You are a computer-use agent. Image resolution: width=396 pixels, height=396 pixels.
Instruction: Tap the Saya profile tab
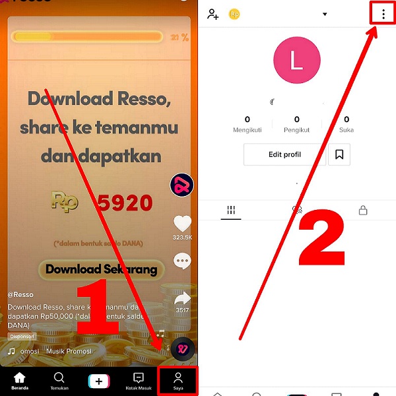click(178, 379)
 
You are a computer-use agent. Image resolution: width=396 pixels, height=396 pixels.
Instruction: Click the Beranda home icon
click(20, 379)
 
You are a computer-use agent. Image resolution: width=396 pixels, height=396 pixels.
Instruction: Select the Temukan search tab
click(59, 379)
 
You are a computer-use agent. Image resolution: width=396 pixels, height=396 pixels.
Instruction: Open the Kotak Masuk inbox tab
click(139, 379)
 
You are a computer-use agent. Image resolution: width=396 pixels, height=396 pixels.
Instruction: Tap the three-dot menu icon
click(383, 14)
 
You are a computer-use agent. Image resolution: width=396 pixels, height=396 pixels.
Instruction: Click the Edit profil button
click(284, 154)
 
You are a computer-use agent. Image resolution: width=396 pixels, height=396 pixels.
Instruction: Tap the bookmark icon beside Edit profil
click(339, 154)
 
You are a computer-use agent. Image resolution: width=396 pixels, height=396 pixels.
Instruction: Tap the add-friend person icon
click(213, 14)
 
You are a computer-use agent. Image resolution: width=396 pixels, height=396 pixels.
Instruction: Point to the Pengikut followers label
click(296, 130)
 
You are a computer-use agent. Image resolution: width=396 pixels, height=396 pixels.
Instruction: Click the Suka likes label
click(346, 130)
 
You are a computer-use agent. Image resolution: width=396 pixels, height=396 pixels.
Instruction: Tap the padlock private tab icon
click(362, 211)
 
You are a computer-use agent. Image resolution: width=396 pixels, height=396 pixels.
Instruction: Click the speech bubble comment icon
click(182, 261)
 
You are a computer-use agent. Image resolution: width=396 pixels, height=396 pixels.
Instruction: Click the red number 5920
click(125, 203)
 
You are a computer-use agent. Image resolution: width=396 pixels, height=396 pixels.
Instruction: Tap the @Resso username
click(20, 294)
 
